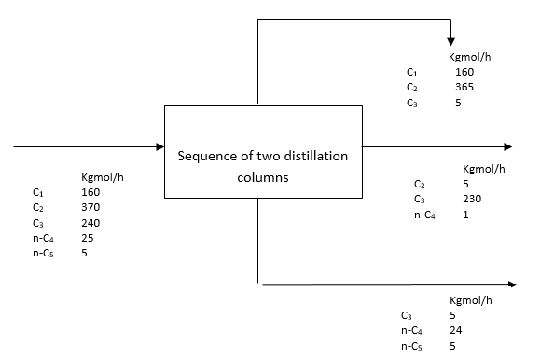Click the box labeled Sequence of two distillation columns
point(263,152)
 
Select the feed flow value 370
point(90,207)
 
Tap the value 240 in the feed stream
point(90,222)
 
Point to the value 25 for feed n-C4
point(88,237)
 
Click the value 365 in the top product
point(464,87)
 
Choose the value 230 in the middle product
point(472,199)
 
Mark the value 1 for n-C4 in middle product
point(465,214)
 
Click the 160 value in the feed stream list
point(90,192)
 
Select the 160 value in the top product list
point(464,72)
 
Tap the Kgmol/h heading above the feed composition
point(102,177)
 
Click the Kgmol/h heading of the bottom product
point(470,300)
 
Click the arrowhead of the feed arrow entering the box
point(159,146)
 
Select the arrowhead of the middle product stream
point(507,146)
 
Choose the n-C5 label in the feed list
point(41,253)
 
